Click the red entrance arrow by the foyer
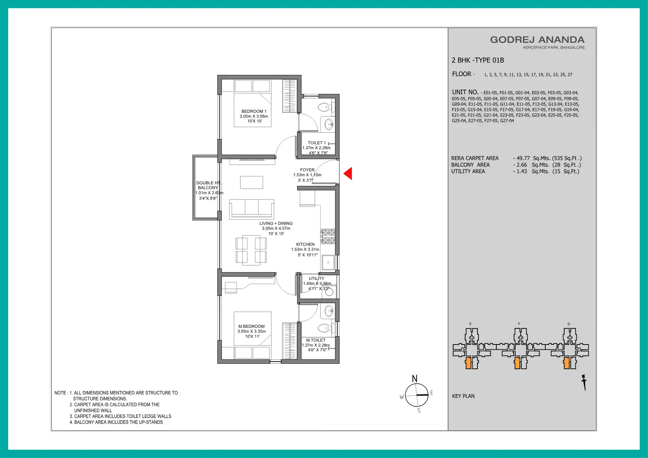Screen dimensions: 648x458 (348, 173)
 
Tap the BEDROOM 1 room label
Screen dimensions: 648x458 (254, 111)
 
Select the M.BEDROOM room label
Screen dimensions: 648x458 (251, 326)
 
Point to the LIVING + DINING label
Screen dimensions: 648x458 (276, 223)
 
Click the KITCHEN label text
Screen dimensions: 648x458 (305, 244)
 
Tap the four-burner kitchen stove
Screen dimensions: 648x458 (328, 236)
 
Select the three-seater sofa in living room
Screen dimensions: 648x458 (251, 209)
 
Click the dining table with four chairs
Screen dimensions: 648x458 (251, 250)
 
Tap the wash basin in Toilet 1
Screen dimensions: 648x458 (329, 124)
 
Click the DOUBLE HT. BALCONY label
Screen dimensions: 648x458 (208, 185)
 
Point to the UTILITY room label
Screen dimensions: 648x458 (316, 278)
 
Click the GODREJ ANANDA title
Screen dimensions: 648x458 (537, 40)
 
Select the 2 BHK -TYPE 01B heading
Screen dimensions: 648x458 (478, 60)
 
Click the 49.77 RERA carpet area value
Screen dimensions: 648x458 (523, 158)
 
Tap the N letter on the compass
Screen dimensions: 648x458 (415, 379)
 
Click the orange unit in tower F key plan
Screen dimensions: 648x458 (517, 363)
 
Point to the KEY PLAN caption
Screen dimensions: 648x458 (463, 396)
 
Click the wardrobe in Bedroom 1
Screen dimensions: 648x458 (290, 96)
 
